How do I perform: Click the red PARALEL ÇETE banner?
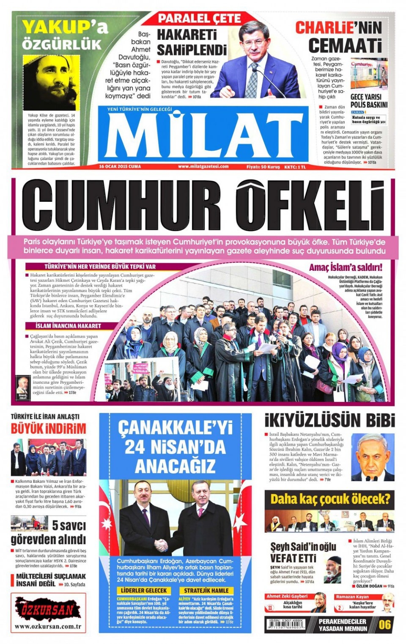coord(199,19)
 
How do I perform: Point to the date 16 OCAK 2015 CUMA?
coord(120,167)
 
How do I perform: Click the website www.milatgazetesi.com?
coord(203,167)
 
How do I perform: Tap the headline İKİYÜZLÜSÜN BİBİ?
coord(329,421)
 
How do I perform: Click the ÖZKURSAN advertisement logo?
coord(48,610)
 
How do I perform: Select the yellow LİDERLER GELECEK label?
coord(144,590)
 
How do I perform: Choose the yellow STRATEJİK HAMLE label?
coord(206,590)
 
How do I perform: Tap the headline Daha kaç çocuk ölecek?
coord(329,499)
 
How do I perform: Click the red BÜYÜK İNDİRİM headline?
coord(48,429)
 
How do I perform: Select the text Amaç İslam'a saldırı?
coord(346,267)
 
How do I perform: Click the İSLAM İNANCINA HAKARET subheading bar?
coord(69,326)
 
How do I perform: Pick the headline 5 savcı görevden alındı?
coord(48,532)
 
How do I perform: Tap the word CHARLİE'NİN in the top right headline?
coord(338,28)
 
